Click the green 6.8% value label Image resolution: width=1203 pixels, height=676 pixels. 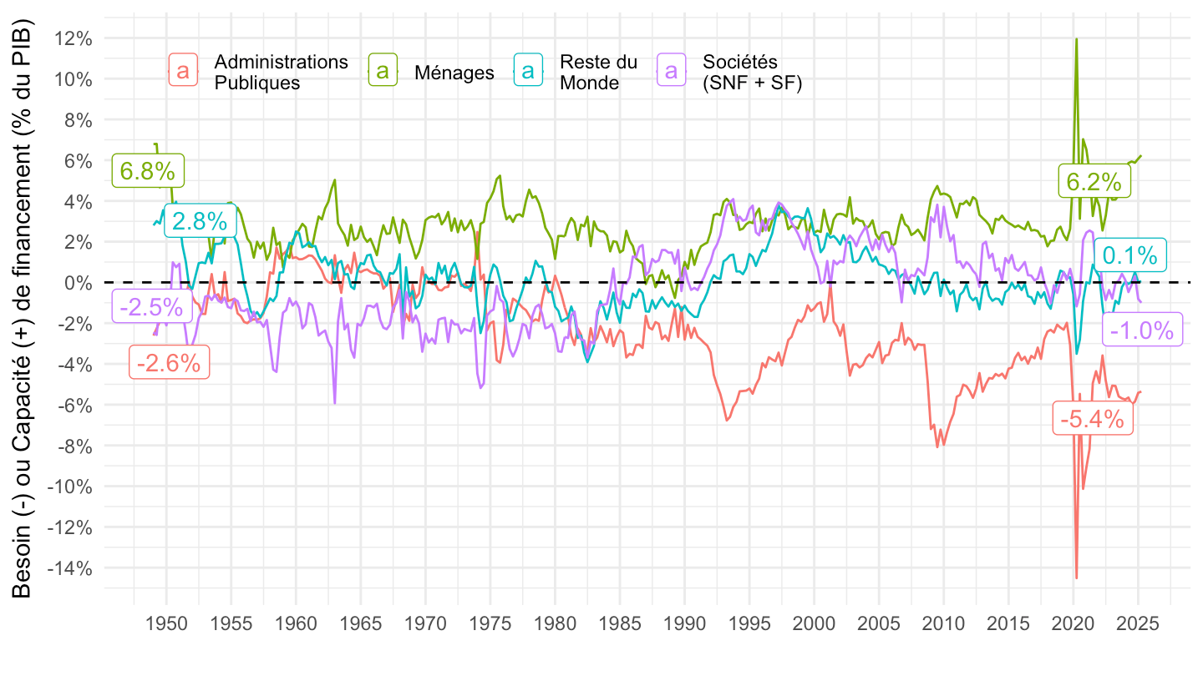(x=147, y=171)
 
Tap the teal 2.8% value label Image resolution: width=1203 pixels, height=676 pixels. (x=200, y=221)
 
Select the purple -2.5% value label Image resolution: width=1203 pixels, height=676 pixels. (x=151, y=306)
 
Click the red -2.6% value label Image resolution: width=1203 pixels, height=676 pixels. (x=169, y=362)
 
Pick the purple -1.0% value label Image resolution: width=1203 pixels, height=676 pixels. (x=1143, y=330)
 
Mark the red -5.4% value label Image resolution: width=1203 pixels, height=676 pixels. (x=1093, y=419)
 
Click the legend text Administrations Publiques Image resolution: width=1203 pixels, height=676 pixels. (x=281, y=72)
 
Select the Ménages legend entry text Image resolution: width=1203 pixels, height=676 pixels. (x=454, y=73)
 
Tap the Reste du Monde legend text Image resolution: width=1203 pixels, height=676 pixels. (x=598, y=72)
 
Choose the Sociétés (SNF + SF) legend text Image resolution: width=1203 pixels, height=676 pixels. (x=752, y=72)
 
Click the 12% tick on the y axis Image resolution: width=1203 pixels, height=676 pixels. (x=73, y=38)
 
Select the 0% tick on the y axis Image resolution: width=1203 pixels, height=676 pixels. (x=78, y=282)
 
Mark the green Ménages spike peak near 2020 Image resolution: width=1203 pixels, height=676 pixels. (x=1076, y=39)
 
